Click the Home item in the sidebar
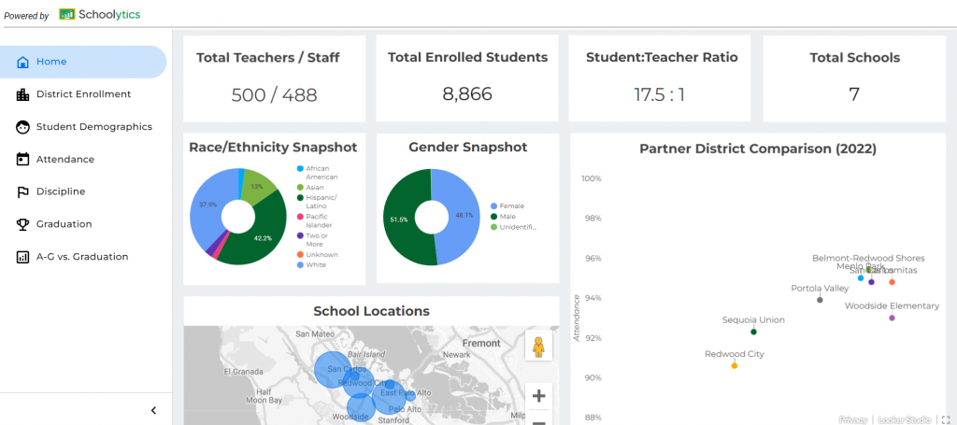click(x=51, y=62)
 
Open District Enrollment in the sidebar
click(x=83, y=94)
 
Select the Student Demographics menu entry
click(x=93, y=127)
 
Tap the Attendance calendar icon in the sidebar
click(x=23, y=160)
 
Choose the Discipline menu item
click(x=60, y=191)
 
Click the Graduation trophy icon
click(x=23, y=224)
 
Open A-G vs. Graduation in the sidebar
click(x=82, y=257)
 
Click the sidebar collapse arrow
click(x=153, y=410)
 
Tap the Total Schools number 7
click(x=854, y=93)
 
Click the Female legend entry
click(x=512, y=205)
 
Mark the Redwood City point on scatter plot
click(x=735, y=365)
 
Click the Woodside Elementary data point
click(x=893, y=319)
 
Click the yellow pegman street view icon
click(x=538, y=346)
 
